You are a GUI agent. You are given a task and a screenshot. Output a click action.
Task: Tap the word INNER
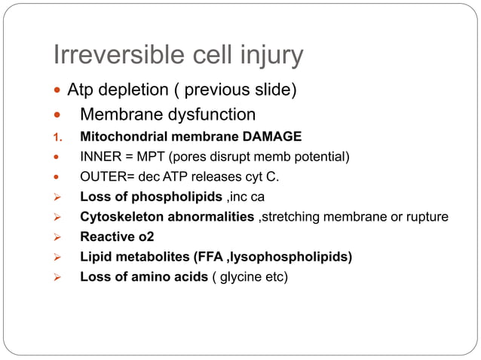point(100,157)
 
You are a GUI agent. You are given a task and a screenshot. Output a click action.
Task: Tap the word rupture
point(427,218)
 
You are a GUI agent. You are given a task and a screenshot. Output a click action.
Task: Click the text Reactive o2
point(116,237)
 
